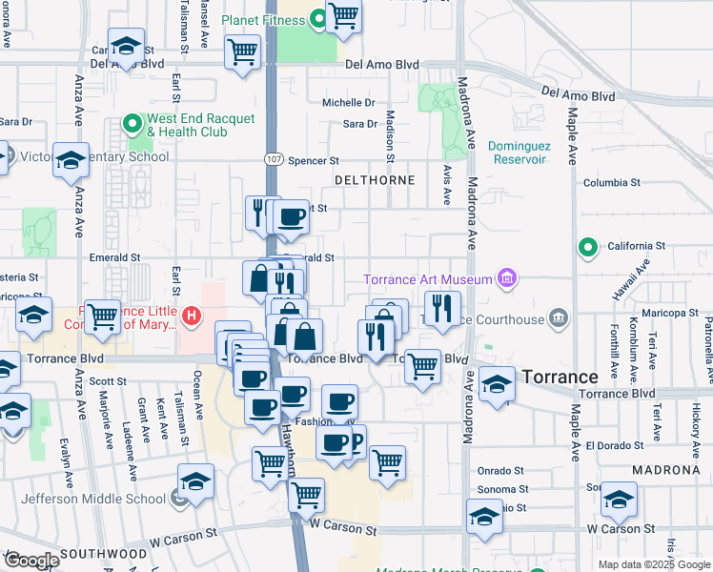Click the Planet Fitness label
[264, 19]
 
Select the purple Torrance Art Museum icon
[507, 278]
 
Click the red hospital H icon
[192, 315]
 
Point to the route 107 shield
[272, 161]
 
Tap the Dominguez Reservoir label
[517, 153]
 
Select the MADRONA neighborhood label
[669, 470]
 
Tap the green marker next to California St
[588, 249]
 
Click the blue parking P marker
[355, 442]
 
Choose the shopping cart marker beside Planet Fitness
[343, 15]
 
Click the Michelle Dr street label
[349, 103]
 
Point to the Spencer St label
[314, 162]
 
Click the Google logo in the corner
[31, 560]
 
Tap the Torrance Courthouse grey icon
[559, 317]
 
